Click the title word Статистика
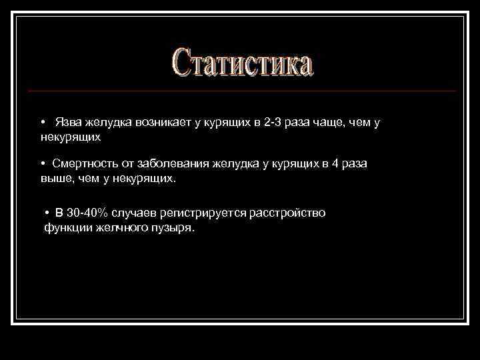[x=241, y=63]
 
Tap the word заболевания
[x=179, y=164]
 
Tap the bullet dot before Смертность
[x=42, y=164]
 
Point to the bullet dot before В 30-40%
[x=48, y=213]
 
